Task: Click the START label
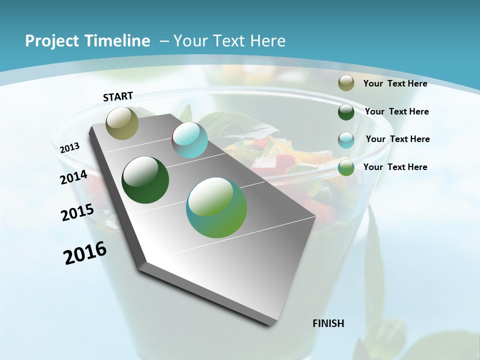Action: click(118, 96)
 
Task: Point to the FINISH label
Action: click(328, 323)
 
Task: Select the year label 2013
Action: click(70, 148)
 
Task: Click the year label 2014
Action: click(74, 177)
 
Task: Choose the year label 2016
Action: click(85, 253)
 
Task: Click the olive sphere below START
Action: click(122, 123)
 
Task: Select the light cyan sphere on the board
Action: click(189, 140)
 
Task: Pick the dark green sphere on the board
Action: click(145, 180)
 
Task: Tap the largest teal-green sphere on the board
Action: click(216, 207)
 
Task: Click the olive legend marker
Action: click(346, 83)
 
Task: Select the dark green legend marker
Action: click(346, 112)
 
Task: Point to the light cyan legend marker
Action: click(346, 140)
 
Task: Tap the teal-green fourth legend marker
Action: click(346, 167)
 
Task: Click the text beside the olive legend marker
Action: click(395, 84)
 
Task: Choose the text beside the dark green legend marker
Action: click(396, 111)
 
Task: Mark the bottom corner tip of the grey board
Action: click(272, 325)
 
